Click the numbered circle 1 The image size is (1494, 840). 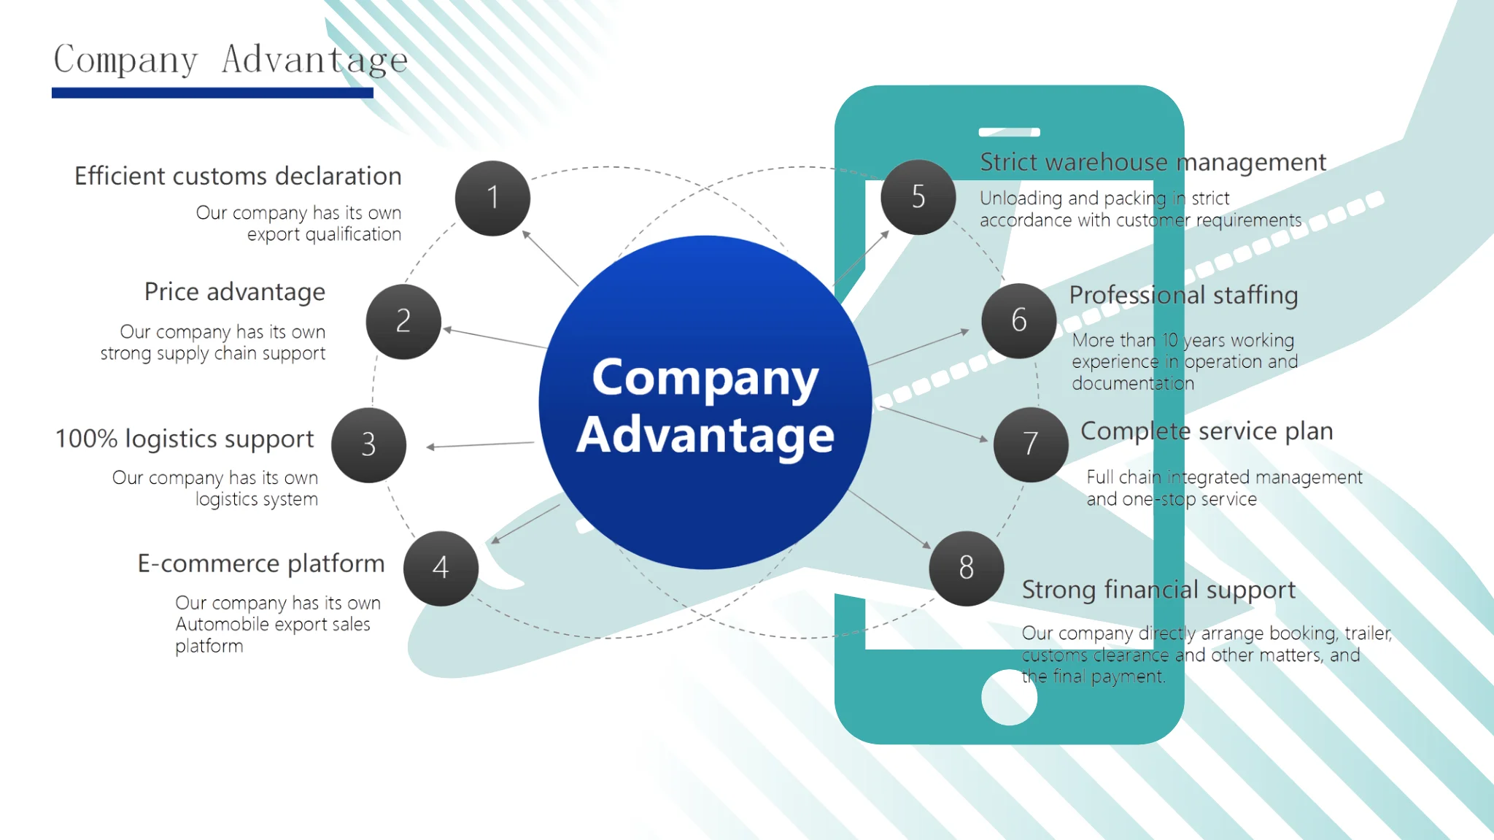(x=492, y=198)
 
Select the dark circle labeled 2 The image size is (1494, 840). (x=403, y=321)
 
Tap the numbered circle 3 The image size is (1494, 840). (x=368, y=444)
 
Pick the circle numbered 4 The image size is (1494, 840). (x=441, y=568)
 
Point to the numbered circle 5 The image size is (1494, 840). (x=918, y=197)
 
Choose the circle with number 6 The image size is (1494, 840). (x=1018, y=320)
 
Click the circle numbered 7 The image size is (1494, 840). (x=1030, y=444)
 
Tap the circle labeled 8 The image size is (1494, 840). (x=966, y=568)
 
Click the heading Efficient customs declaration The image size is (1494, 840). (x=238, y=176)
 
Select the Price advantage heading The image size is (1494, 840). (x=234, y=292)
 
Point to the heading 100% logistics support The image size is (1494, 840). (x=185, y=439)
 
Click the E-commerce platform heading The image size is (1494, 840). (x=260, y=563)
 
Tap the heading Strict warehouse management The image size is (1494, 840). (x=1153, y=162)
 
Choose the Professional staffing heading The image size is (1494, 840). (x=1183, y=295)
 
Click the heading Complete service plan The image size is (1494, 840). (x=1207, y=431)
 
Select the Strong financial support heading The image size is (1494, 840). (x=1158, y=590)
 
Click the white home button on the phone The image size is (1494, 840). (x=1009, y=698)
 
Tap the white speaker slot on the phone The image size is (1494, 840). (x=1009, y=132)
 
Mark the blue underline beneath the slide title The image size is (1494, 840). (x=212, y=93)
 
